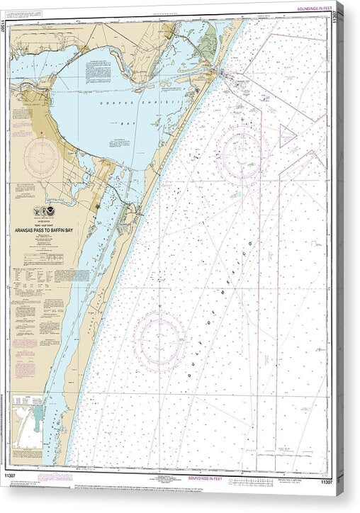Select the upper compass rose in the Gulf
point(242,150)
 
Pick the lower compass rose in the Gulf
point(160,341)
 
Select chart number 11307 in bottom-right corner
point(326,482)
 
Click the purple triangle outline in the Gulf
point(286,135)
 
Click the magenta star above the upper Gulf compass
point(243,121)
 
